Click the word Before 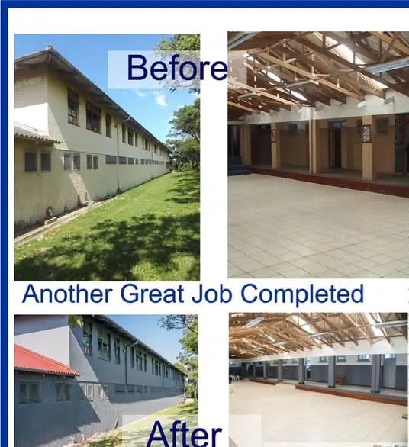pyautogui.click(x=177, y=68)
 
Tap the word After pyautogui.click(x=184, y=433)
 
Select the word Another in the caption pyautogui.click(x=67, y=294)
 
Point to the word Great pyautogui.click(x=152, y=294)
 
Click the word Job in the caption pyautogui.click(x=211, y=294)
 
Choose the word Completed pyautogui.click(x=302, y=294)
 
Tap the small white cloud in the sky pyautogui.click(x=159, y=98)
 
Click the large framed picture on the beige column pyautogui.click(x=366, y=133)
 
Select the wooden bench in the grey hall pyautogui.click(x=339, y=379)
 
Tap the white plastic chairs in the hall pyautogui.click(x=233, y=378)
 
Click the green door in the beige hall pyautogui.click(x=400, y=158)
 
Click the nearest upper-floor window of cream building pyautogui.click(x=73, y=108)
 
